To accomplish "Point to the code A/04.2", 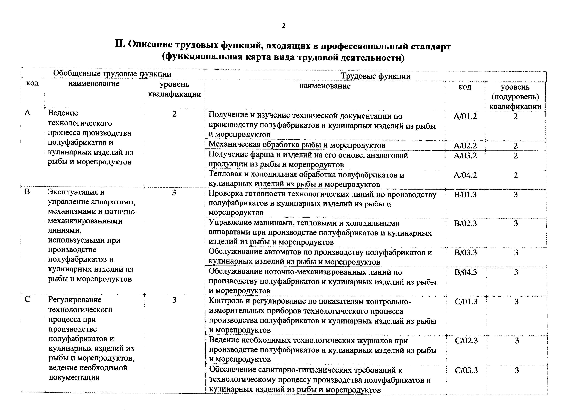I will [x=465, y=175].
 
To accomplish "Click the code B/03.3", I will [x=465, y=253].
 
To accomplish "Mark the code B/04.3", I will [x=465, y=272].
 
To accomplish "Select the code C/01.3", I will [x=466, y=302].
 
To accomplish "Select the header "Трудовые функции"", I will [x=376, y=76].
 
